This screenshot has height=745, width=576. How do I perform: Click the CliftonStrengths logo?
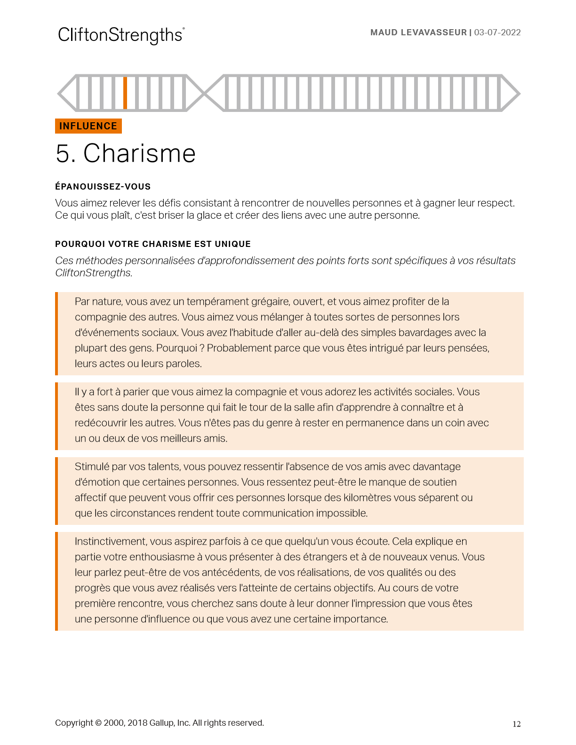point(121,35)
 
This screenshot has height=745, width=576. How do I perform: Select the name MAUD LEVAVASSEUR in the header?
point(418,32)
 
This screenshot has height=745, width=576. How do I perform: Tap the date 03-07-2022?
point(497,32)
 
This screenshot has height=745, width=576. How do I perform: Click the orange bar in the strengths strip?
point(125,93)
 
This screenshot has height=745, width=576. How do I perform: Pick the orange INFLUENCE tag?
point(88,126)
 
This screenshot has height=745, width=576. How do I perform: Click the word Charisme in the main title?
point(139,153)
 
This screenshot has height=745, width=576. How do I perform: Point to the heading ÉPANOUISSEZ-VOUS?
point(103,187)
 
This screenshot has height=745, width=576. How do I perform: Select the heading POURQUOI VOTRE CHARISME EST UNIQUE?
point(153,244)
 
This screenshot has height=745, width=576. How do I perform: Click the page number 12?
point(517,724)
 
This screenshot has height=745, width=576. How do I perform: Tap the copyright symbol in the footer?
point(98,723)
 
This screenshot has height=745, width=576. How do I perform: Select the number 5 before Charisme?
point(63,154)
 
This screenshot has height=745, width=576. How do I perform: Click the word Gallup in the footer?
point(161,723)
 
